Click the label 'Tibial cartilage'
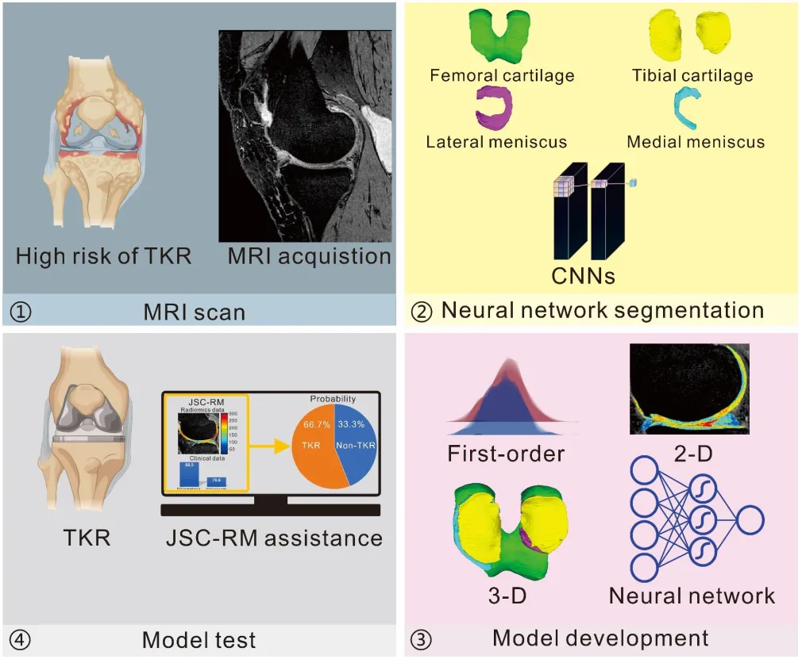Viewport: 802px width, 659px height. pyautogui.click(x=692, y=76)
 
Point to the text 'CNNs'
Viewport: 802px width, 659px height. pyautogui.click(x=584, y=277)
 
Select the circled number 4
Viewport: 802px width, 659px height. pyautogui.click(x=21, y=639)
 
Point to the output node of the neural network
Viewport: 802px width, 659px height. pyautogui.click(x=750, y=521)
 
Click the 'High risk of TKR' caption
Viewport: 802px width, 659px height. pyautogui.click(x=103, y=256)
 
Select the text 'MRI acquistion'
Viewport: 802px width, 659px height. pyautogui.click(x=309, y=256)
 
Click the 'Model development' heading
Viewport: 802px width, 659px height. pyautogui.click(x=600, y=638)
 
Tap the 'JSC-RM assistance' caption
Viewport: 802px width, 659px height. pyautogui.click(x=274, y=538)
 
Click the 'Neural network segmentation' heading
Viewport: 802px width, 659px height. pyautogui.click(x=602, y=310)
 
